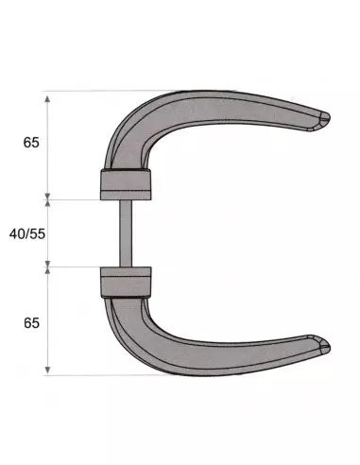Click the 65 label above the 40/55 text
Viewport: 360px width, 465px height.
pos(30,144)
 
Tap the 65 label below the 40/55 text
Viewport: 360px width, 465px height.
pos(30,322)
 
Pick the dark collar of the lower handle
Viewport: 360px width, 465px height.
pos(124,281)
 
